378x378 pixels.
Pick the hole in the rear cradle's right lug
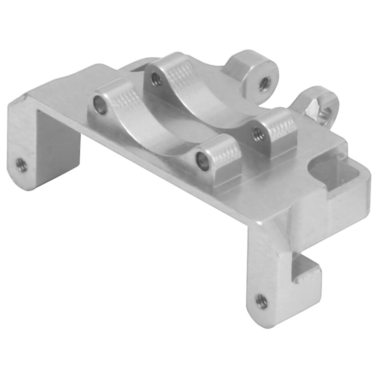click(x=258, y=134)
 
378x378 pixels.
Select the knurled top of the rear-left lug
click(x=178, y=69)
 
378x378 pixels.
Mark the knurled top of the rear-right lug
click(x=281, y=124)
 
